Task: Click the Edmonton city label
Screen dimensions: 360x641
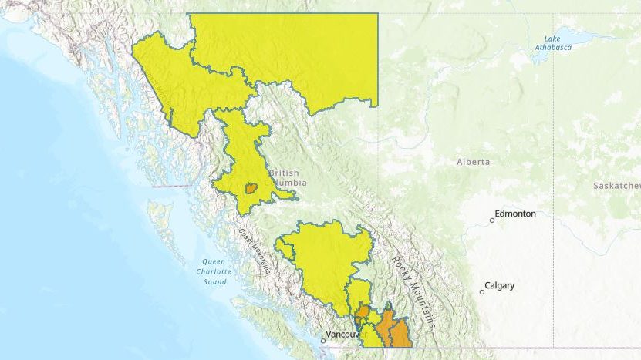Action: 515,214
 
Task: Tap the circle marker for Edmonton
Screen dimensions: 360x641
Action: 492,220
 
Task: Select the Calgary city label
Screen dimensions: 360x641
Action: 500,285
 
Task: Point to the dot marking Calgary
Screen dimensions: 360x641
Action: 482,291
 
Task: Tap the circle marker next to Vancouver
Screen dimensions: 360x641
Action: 323,340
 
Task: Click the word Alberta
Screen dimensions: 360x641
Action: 473,162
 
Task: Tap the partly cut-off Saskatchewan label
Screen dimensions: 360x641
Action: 617,186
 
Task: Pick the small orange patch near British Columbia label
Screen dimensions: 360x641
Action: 251,187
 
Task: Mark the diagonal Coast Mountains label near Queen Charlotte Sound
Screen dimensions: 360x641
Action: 254,251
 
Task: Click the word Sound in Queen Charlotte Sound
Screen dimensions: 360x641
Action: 215,281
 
